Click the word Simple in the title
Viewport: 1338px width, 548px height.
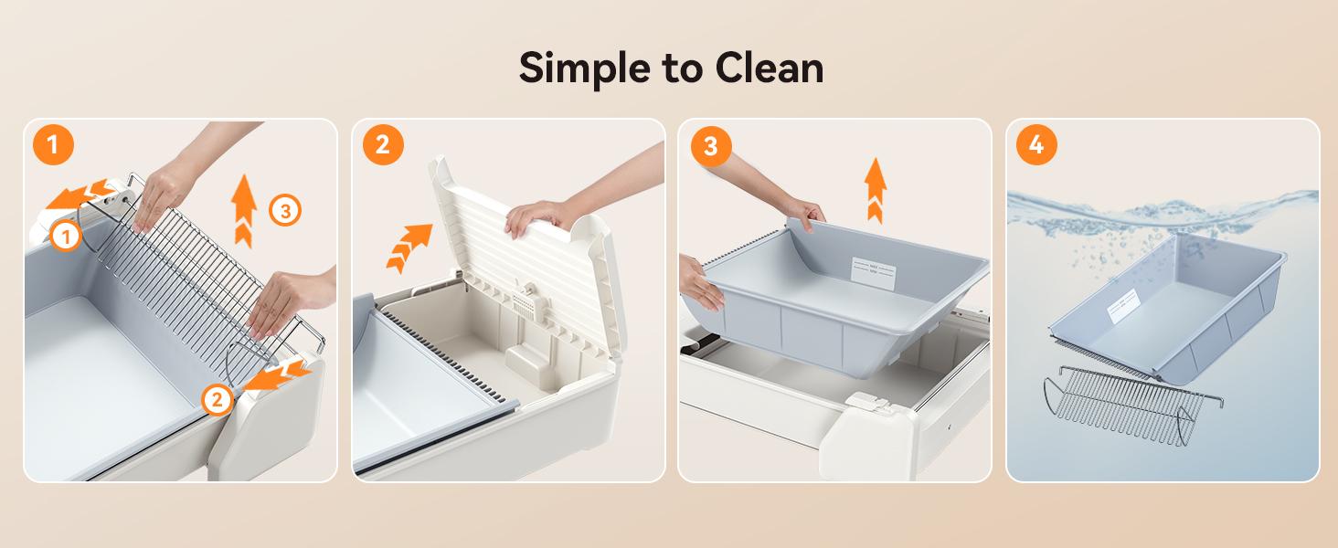point(586,68)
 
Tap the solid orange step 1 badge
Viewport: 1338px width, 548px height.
point(54,145)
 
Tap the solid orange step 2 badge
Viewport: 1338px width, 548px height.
point(383,145)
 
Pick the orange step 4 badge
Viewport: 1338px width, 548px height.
point(1036,145)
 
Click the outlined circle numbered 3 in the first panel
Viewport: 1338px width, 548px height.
point(285,212)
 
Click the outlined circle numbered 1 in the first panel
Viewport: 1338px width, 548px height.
point(64,237)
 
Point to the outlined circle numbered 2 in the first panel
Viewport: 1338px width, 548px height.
point(218,398)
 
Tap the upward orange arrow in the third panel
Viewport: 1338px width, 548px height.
point(876,189)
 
